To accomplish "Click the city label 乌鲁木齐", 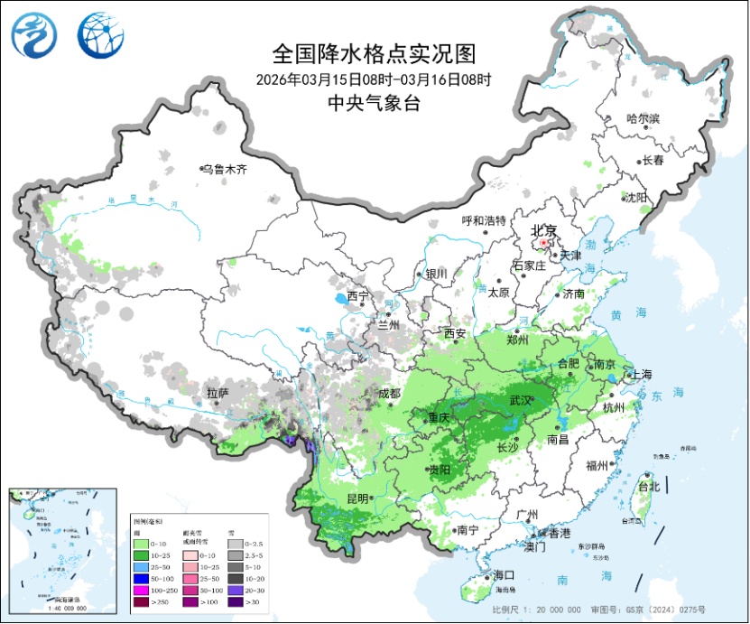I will pos(225,169).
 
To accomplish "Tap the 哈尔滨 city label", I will pos(644,119).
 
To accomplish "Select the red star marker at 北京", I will pos(542,243).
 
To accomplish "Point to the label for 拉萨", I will pos(218,393).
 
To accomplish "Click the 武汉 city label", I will pos(521,399).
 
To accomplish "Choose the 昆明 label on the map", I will pos(356,498).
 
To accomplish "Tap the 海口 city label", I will pos(503,575).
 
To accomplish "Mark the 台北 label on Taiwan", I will pos(649,487).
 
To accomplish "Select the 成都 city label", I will pos(389,393).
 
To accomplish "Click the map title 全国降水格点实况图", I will pos(373,54).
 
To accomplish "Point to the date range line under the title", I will pos(373,79).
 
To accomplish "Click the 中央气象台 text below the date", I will pos(373,103).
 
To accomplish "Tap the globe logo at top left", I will pos(100,35).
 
